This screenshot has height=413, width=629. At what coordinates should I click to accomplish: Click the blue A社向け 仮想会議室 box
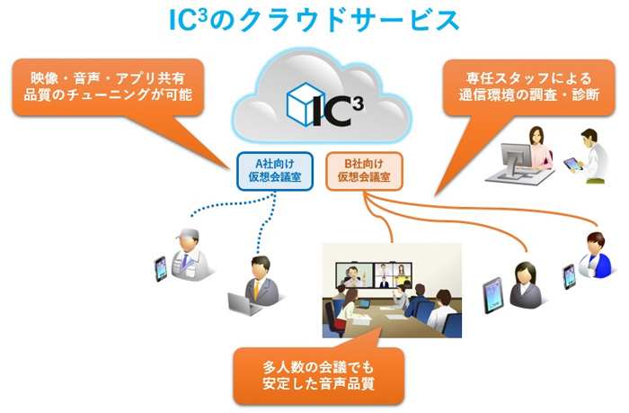coord(275,171)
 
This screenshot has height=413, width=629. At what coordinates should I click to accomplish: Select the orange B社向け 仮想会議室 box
coord(364,171)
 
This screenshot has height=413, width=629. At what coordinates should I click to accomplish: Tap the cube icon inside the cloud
coord(306,104)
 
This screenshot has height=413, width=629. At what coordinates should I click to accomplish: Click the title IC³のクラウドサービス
coord(314,20)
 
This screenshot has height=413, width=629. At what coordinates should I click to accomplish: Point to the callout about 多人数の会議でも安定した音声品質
coord(318,375)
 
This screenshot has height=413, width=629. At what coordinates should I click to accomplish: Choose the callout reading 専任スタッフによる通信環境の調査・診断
coord(528,86)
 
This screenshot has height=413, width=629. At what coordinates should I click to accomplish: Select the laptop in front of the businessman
coord(244,304)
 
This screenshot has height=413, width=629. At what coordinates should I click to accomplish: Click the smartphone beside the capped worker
coord(161,269)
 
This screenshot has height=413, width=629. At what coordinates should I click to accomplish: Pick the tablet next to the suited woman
coord(492,295)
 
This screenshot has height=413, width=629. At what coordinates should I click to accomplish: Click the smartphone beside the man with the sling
coord(569,276)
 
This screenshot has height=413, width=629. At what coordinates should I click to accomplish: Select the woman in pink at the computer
coord(540,148)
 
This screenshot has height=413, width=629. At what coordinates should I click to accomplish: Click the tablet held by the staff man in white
coord(573,165)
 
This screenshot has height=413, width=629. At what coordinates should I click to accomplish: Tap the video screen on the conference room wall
coord(374,275)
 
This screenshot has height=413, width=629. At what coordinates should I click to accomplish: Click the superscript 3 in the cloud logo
coord(359,103)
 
